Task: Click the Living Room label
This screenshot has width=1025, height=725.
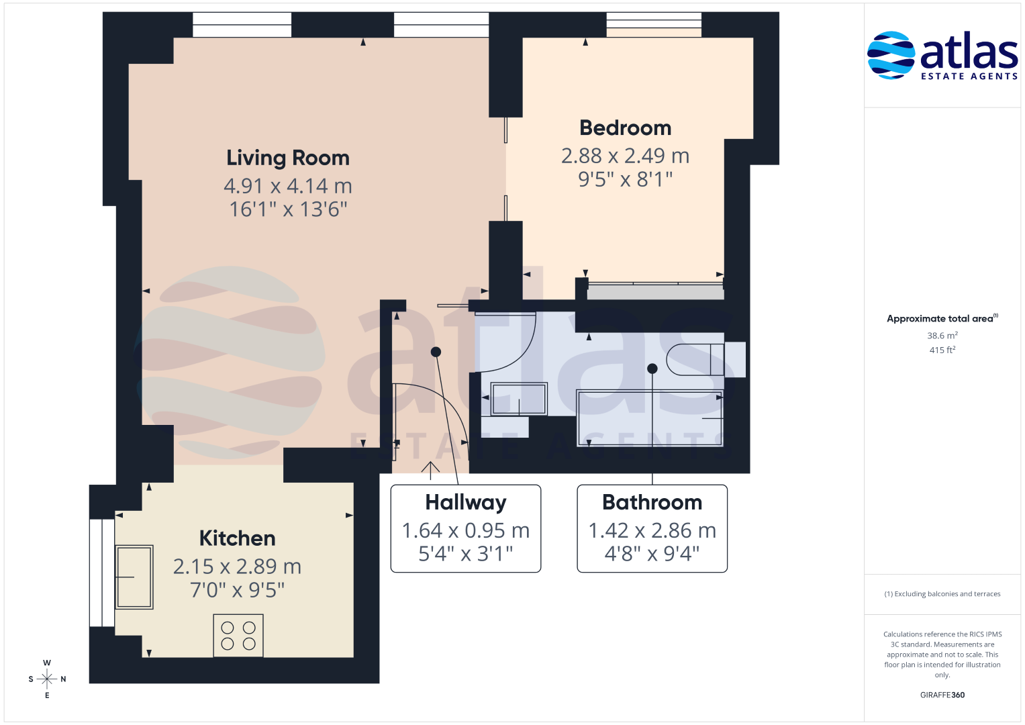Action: (288, 158)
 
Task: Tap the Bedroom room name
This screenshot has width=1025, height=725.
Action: (625, 128)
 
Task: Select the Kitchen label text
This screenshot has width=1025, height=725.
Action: (237, 538)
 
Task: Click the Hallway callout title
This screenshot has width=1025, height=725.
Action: (466, 503)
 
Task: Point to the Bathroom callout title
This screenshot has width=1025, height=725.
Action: (652, 503)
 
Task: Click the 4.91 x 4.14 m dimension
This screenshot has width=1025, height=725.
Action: (288, 186)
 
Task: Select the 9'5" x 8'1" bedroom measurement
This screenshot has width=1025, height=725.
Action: (625, 179)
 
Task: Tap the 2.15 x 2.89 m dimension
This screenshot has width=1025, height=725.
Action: (237, 567)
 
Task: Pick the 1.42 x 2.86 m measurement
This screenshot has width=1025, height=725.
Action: (652, 530)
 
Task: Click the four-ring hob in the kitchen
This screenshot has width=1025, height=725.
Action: (238, 635)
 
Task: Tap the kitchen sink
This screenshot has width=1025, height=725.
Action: (134, 577)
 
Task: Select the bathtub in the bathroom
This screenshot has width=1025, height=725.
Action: (650, 418)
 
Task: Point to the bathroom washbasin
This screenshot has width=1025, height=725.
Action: (519, 399)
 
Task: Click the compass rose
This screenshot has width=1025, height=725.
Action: (47, 679)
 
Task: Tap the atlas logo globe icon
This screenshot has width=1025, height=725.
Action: (891, 55)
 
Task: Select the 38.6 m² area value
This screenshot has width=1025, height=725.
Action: (942, 336)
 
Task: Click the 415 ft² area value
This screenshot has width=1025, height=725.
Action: (942, 350)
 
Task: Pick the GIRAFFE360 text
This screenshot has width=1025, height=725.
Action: (942, 695)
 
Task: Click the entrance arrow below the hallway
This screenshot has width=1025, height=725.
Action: (430, 471)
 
